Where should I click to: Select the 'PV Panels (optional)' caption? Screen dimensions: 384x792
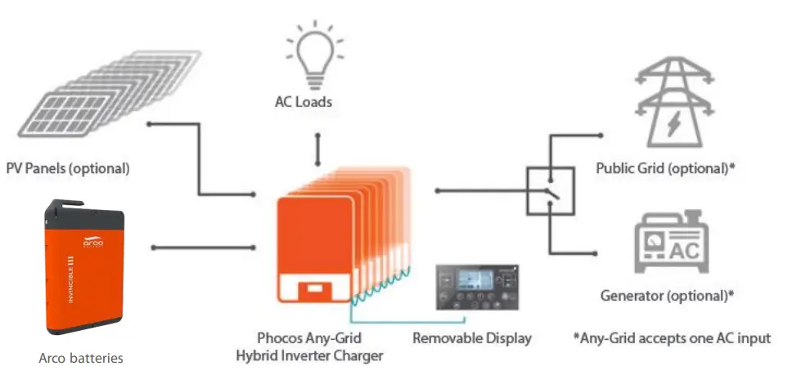tap(69, 169)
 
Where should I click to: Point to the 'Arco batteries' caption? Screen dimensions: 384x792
tap(81, 358)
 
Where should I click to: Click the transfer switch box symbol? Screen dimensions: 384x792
tap(550, 192)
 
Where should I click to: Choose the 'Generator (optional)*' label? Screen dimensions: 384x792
tap(668, 296)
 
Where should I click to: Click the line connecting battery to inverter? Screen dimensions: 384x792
tap(204, 247)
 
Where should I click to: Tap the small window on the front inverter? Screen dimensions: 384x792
tap(310, 288)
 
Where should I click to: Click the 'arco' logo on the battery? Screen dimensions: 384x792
tap(94, 241)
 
